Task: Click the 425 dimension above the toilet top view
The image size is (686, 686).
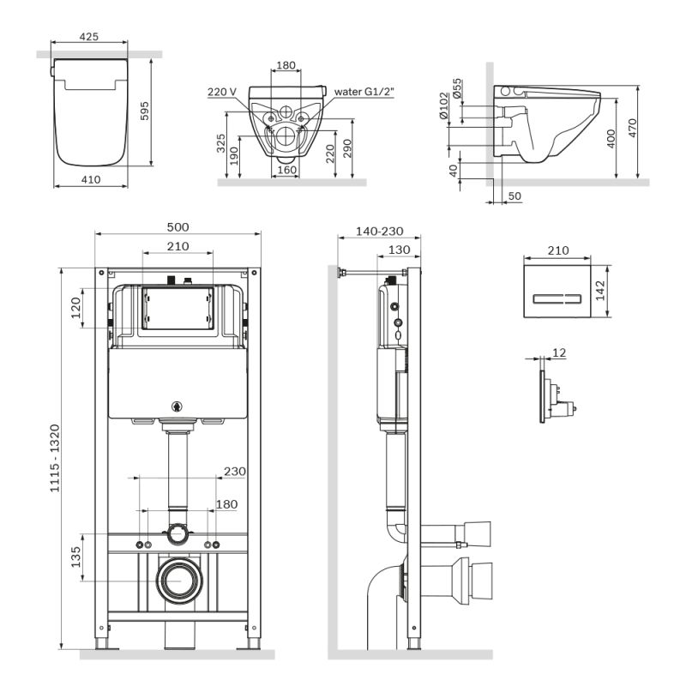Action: (x=89, y=37)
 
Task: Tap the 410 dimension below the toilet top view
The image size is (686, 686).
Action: (x=89, y=179)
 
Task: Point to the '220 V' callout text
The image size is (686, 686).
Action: (x=221, y=92)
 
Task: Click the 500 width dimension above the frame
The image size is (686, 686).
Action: (x=178, y=227)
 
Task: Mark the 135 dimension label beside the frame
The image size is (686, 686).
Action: (x=75, y=557)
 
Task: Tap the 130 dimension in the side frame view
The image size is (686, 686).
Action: (x=397, y=250)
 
